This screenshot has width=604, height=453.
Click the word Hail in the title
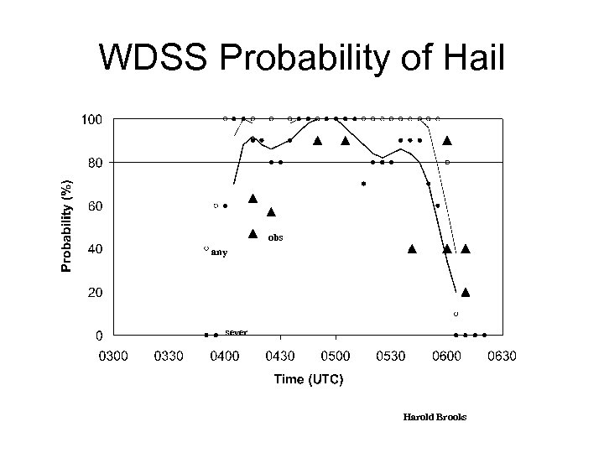tap(468, 59)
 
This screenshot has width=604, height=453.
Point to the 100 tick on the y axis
tap(91, 119)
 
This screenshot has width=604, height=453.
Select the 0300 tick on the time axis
tap(114, 357)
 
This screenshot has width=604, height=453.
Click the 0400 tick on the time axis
tap(224, 357)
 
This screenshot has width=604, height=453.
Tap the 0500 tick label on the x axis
tap(336, 357)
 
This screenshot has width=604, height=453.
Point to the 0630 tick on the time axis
tap(502, 357)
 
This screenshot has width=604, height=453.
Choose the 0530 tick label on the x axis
tap(391, 357)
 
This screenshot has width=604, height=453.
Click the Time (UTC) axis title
tap(308, 380)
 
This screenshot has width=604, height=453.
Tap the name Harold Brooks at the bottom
tap(434, 416)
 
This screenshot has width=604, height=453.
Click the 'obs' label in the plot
tap(276, 237)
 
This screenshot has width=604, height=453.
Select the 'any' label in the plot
tap(219, 252)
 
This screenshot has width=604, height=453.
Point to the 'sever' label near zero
tap(236, 331)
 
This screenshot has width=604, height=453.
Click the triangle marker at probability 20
tap(466, 292)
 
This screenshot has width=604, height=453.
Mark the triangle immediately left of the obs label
tap(253, 234)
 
